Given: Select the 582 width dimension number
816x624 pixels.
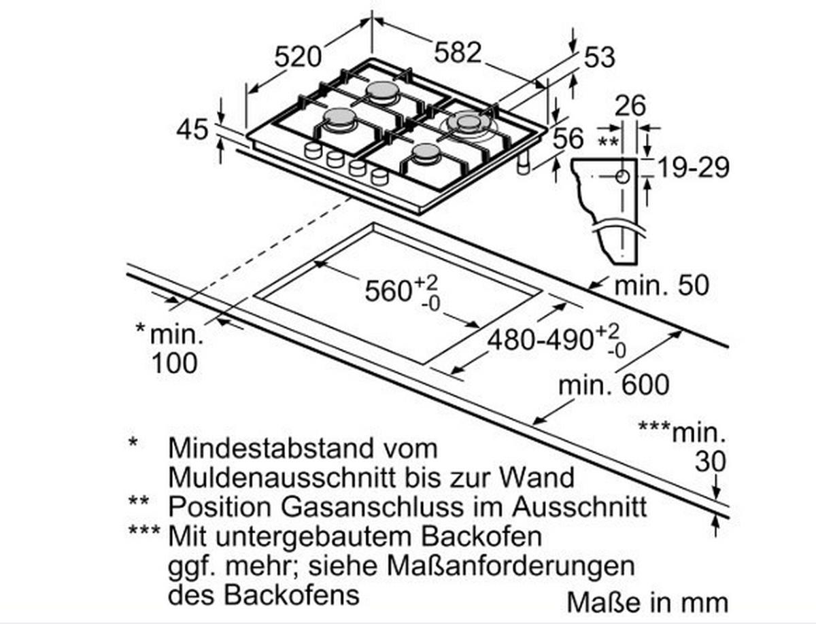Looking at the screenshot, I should [457, 53].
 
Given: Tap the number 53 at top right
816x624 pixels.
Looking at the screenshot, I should [599, 58].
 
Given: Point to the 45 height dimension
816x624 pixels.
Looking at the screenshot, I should [192, 129].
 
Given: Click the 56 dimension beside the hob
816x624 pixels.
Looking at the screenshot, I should [568, 138].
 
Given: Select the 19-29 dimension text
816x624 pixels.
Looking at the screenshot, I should [694, 167].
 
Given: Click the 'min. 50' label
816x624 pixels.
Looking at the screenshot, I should [661, 285].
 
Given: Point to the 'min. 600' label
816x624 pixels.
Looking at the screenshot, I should [614, 386].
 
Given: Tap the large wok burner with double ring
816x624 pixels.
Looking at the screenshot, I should [469, 123].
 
